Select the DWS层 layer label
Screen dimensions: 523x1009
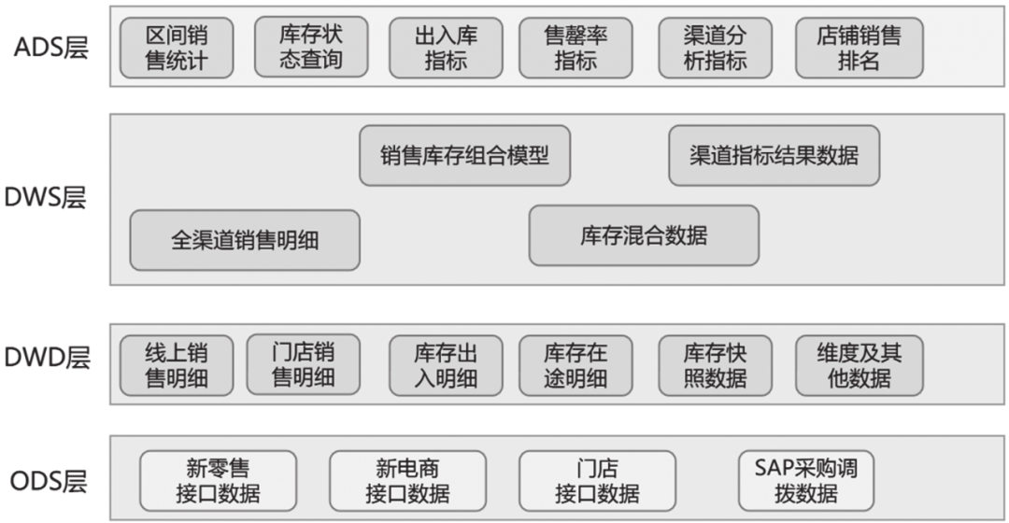[x=51, y=198]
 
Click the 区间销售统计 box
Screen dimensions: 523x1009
[x=177, y=49]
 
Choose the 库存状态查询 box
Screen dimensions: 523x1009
[x=311, y=48]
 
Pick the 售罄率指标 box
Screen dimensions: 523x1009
[x=576, y=49]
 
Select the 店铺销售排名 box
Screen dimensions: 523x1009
[x=860, y=49]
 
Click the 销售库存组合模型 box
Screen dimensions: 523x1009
[x=464, y=155]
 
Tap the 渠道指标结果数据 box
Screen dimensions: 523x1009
[x=775, y=155]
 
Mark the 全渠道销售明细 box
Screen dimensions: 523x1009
[x=245, y=240]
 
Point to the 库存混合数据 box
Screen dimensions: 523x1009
[x=644, y=235]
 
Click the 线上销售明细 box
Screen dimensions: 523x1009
[x=177, y=365]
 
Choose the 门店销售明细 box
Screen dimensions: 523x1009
[x=303, y=364]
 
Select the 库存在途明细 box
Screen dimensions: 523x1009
[x=576, y=365]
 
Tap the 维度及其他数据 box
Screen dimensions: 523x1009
[x=860, y=365]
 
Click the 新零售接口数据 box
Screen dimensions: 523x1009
[x=219, y=480]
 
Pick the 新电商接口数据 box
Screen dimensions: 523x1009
[x=407, y=480]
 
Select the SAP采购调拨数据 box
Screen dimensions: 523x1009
[x=806, y=479]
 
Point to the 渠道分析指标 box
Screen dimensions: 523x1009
[x=716, y=49]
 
